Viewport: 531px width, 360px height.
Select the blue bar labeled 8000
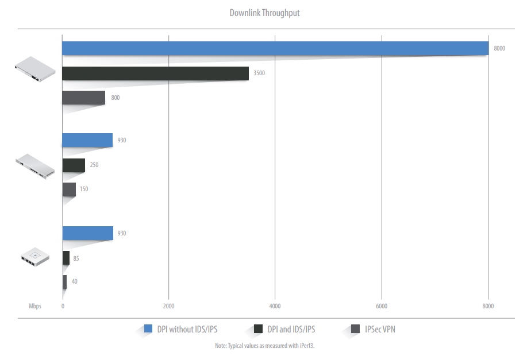click(x=275, y=48)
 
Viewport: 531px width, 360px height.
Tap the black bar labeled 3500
click(x=155, y=73)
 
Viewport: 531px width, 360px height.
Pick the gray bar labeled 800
click(x=83, y=98)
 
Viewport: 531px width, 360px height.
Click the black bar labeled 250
click(x=74, y=165)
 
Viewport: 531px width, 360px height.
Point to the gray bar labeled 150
click(x=69, y=189)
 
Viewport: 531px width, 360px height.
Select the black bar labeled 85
click(x=66, y=258)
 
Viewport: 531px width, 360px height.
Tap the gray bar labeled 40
click(x=64, y=282)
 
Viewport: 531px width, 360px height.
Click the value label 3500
click(x=259, y=73)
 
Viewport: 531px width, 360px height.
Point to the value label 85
click(x=76, y=258)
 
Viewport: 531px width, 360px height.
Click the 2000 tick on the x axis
click(x=168, y=306)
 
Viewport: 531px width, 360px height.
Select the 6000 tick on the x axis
click(x=382, y=306)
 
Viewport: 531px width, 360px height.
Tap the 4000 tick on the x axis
click(x=275, y=306)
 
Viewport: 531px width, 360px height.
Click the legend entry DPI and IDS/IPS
click(x=291, y=329)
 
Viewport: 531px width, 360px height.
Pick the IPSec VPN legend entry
click(x=380, y=329)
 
